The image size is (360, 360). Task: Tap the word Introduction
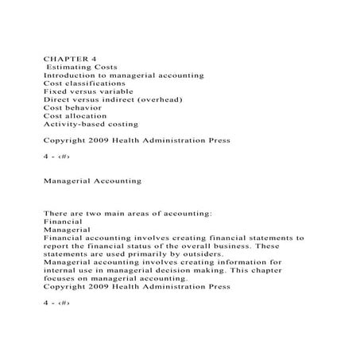tap(74, 75)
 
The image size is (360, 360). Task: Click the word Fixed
tap(56, 91)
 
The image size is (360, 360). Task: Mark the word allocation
tap(89, 115)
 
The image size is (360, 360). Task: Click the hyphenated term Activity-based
tap(76, 124)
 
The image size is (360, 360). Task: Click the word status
tap(137, 246)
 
